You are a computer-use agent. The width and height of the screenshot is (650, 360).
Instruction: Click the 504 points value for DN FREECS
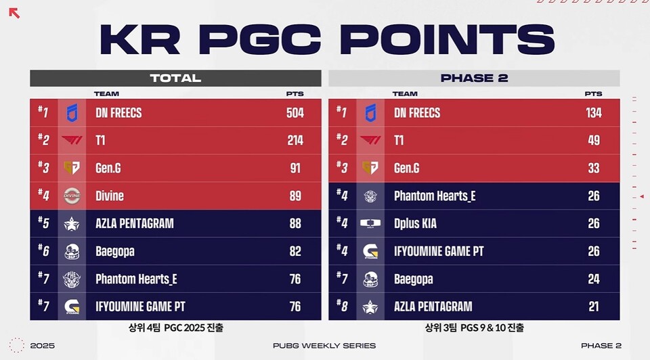tap(295, 113)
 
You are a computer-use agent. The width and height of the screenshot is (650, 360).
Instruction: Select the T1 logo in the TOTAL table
tap(72, 141)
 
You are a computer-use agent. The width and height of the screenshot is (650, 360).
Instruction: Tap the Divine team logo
tap(72, 196)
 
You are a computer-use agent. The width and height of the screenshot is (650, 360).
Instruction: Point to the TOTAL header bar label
tap(175, 78)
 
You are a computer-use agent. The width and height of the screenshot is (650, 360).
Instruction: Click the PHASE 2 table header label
tap(474, 78)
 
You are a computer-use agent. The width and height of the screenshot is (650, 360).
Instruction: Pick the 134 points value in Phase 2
tap(594, 113)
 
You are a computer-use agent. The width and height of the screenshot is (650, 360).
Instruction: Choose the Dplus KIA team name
tap(415, 224)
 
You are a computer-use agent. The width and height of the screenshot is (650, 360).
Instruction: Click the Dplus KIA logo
tap(370, 224)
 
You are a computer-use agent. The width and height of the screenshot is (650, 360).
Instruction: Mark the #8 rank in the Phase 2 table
tap(341, 306)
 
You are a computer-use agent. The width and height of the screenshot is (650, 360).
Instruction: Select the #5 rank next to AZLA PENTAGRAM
tap(43, 223)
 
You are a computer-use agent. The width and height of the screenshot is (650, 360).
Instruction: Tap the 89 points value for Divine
tap(295, 196)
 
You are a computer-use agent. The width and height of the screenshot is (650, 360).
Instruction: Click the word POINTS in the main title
tap(447, 39)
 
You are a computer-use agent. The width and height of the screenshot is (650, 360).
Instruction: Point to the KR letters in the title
tap(139, 39)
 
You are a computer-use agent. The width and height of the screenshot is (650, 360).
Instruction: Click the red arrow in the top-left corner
tap(14, 13)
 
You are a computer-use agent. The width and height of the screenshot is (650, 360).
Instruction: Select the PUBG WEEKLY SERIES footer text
tap(324, 346)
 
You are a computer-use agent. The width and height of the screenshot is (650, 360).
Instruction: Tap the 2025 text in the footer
tap(42, 346)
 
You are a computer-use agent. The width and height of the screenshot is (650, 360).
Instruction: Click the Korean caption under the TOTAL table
tap(176, 328)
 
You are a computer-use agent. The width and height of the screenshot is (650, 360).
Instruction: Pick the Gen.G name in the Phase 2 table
tap(406, 168)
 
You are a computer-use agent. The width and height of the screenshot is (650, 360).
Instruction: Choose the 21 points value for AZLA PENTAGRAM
tap(594, 307)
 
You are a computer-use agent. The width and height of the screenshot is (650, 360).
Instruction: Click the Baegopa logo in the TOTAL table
tap(72, 252)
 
